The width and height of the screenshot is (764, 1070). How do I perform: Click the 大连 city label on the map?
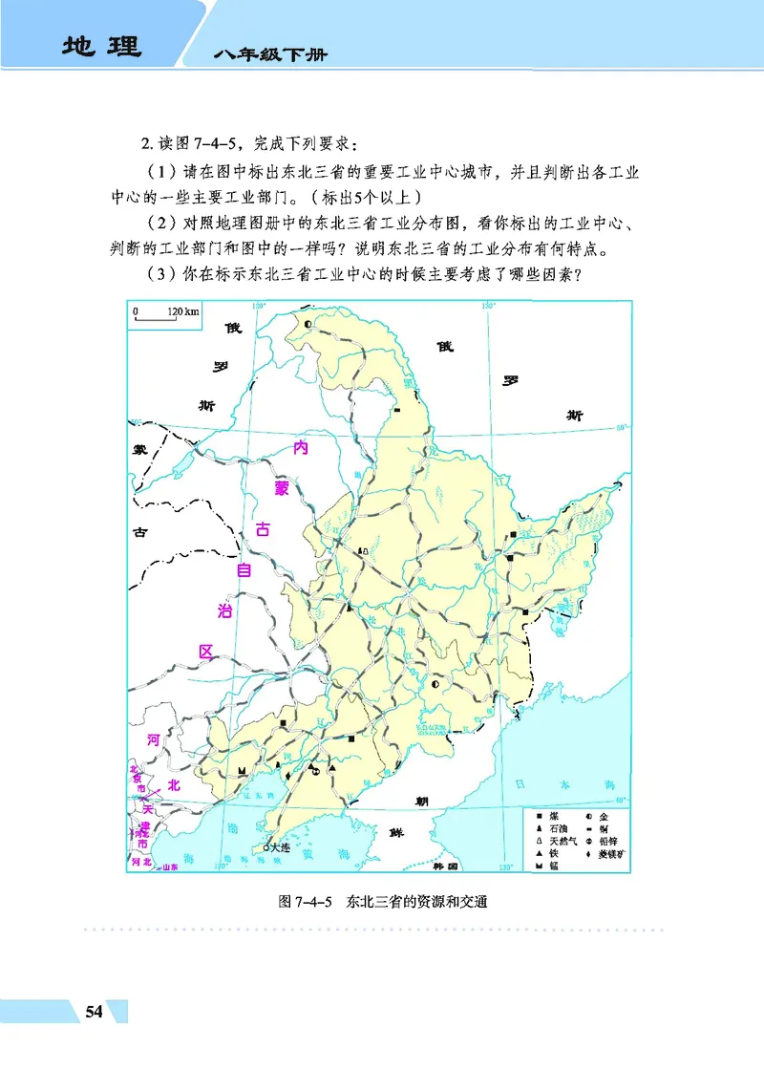coord(279,846)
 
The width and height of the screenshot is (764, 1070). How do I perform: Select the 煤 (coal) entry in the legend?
coord(554,818)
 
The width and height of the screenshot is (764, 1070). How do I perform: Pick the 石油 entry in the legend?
coord(557,829)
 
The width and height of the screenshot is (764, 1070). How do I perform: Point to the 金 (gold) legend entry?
coord(605,818)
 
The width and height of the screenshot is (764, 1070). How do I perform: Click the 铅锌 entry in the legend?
coord(607,841)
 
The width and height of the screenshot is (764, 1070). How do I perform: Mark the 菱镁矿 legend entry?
coord(610,853)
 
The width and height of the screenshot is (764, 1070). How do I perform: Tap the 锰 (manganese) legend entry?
coord(553,865)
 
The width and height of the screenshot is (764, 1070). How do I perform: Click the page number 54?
coord(93,1012)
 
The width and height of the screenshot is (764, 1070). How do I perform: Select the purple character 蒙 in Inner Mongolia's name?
coord(281,489)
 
